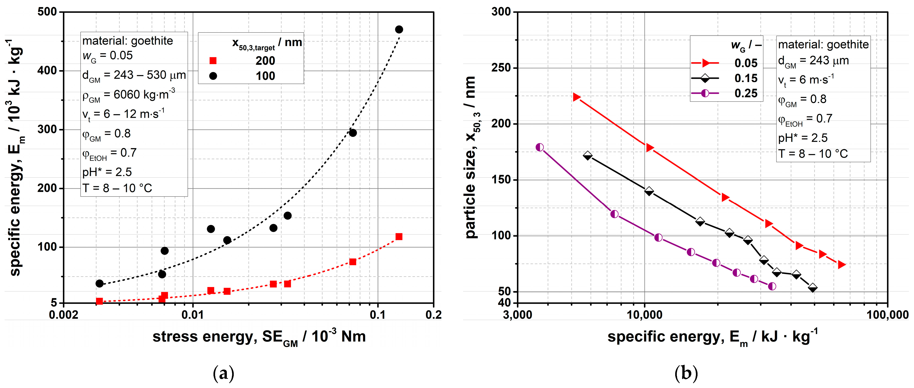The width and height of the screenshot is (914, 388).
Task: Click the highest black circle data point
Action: (x=399, y=29)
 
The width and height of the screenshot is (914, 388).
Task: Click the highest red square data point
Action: (x=399, y=236)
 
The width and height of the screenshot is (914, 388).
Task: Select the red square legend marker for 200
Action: (x=213, y=61)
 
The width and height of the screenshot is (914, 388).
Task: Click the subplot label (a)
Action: (x=224, y=373)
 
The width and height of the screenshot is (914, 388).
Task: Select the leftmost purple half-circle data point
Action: (x=540, y=147)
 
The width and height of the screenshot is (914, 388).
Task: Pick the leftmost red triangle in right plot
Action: (x=577, y=97)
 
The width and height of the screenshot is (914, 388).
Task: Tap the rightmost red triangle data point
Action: (x=841, y=265)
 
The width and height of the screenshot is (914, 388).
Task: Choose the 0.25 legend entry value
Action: (x=746, y=93)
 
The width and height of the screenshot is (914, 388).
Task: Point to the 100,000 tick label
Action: (x=887, y=315)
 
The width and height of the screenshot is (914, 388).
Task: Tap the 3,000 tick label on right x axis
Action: (x=517, y=315)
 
